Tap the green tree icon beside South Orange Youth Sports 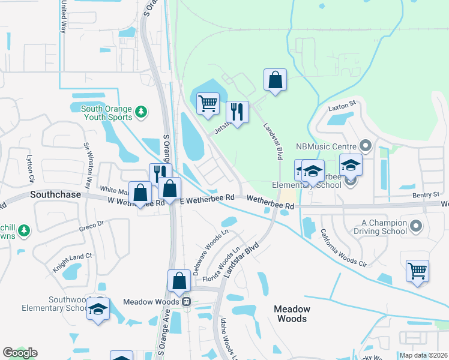140,111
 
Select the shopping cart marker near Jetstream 208,103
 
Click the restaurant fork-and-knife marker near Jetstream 238,111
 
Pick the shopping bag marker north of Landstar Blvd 275,79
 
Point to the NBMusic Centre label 326,146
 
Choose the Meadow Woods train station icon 187,302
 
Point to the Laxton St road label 342,103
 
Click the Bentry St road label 427,195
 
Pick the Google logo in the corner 20,353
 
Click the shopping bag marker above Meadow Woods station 180,280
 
